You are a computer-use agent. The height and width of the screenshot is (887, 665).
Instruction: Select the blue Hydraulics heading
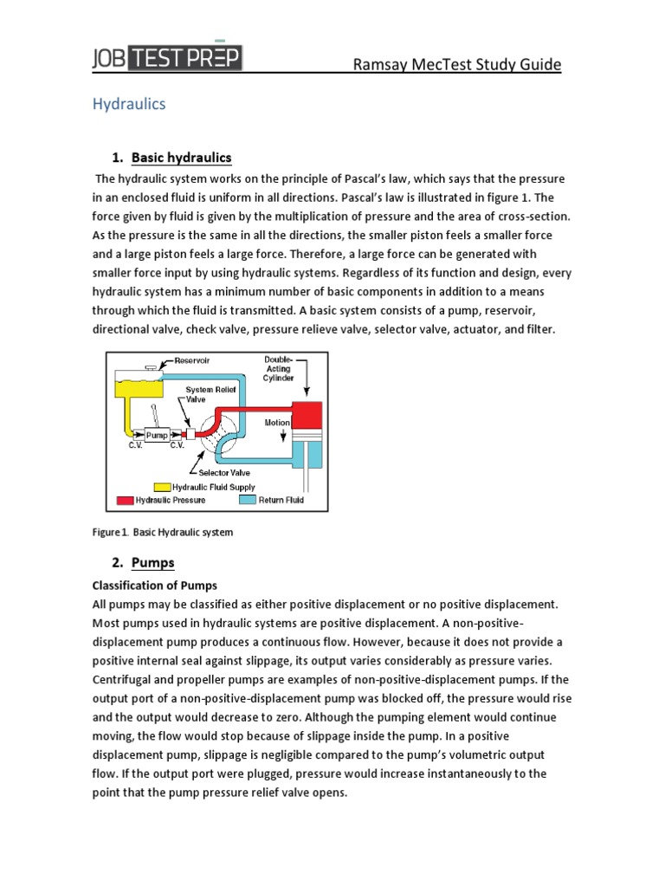pyautogui.click(x=129, y=104)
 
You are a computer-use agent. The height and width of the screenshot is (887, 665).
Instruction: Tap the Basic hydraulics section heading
pyautogui.click(x=182, y=157)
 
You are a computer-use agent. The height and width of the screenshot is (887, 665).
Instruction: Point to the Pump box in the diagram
pyautogui.click(x=157, y=436)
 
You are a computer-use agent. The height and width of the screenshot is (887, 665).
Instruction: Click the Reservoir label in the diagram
pyautogui.click(x=191, y=359)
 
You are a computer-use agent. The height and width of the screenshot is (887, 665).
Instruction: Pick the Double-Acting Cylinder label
pyautogui.click(x=279, y=368)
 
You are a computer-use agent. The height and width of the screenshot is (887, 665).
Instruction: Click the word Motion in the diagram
pyautogui.click(x=277, y=423)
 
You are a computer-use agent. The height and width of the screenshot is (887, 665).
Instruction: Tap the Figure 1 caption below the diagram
pyautogui.click(x=163, y=532)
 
